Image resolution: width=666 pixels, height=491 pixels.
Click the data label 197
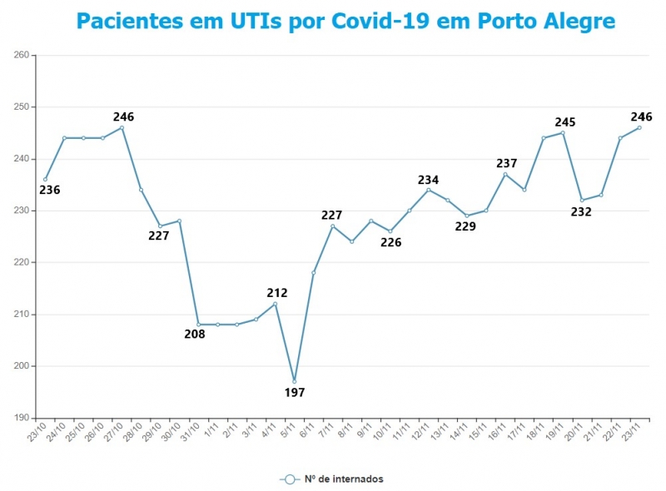[x=295, y=393]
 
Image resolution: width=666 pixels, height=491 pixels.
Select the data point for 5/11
[x=295, y=381]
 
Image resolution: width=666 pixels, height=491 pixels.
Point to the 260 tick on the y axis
[x=22, y=56]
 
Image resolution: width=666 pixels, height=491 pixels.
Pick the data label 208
[x=195, y=335]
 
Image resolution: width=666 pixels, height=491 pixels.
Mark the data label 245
[x=565, y=122]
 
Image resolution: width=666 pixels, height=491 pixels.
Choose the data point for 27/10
[x=122, y=127]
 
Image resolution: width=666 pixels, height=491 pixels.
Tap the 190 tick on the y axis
[x=22, y=418]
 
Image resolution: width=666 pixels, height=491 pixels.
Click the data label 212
[x=277, y=293]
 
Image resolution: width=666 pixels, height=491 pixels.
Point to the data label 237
[x=507, y=163]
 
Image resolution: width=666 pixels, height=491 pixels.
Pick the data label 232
[x=581, y=211]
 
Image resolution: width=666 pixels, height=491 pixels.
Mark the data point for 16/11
[x=505, y=174]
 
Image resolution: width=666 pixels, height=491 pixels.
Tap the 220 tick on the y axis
[x=22, y=263]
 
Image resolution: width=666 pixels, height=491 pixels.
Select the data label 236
[x=50, y=190]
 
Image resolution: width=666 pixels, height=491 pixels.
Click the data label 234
[x=429, y=180]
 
